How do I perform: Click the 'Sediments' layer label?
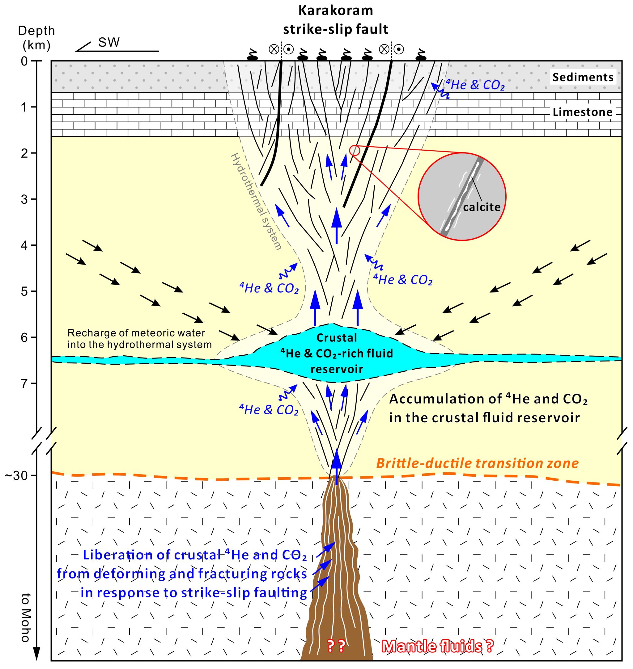582,77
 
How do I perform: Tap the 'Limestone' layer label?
582,112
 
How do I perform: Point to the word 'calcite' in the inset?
482,207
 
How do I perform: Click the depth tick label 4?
24,245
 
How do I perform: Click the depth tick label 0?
24,61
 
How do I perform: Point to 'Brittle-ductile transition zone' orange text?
478,463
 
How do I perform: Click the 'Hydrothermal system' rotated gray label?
257,202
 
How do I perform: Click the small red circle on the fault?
355,150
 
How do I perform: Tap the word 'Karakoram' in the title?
335,11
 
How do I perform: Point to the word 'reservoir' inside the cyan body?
336,369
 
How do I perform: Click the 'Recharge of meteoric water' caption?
136,333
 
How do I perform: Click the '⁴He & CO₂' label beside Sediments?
475,85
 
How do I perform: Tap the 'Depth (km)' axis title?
36,37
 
